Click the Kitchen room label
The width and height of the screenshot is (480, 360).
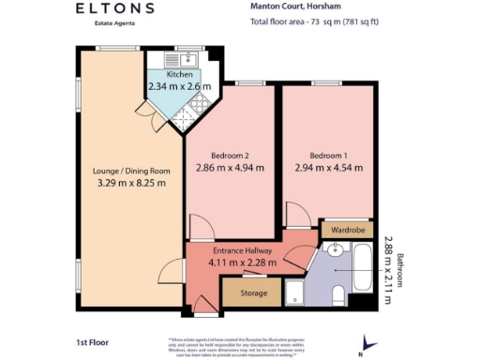point(179,75)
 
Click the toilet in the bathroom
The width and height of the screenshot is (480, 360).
point(340,297)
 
